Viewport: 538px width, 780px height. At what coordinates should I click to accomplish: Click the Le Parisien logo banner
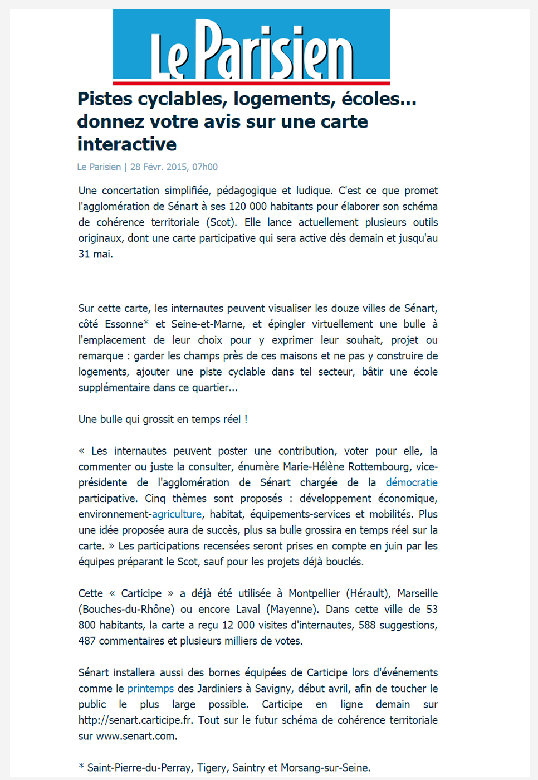pos(251,47)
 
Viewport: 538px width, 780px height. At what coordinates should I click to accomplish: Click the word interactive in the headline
pos(127,144)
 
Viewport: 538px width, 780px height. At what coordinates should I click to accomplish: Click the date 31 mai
pos(95,254)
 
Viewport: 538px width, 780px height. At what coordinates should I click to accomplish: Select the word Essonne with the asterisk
pos(126,324)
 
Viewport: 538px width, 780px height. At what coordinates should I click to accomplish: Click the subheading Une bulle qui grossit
pos(163,420)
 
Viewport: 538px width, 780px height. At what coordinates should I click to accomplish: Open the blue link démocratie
pos(412,482)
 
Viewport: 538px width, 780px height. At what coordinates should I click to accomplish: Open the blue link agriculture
pos(177,514)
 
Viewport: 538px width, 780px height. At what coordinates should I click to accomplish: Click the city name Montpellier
pos(314,593)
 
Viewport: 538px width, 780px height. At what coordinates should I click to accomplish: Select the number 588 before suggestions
pos(367,625)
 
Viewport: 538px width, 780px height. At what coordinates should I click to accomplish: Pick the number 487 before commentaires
pos(87,641)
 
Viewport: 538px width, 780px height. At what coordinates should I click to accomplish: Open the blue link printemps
pos(150,689)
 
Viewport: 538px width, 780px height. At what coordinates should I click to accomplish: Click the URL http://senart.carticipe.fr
pos(135,720)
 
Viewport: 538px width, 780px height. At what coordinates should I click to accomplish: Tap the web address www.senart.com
pos(136,736)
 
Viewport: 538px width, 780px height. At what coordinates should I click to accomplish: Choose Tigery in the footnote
pos(212,768)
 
